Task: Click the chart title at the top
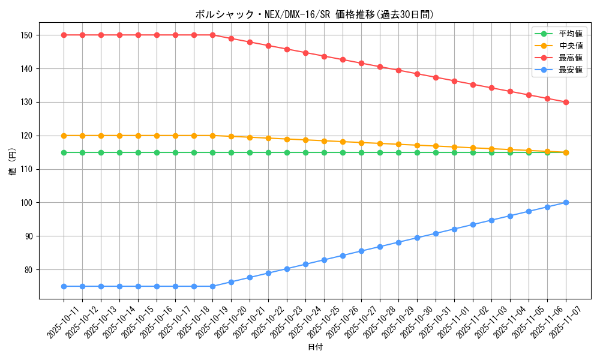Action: pos(314,14)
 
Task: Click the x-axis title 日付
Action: pos(314,347)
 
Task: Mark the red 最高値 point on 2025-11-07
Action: pos(566,102)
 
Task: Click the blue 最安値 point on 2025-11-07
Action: pos(566,203)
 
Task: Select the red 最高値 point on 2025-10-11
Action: pos(64,35)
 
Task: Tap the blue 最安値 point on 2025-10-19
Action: pos(212,286)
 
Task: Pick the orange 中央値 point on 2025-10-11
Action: pos(64,136)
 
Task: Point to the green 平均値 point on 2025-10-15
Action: pos(138,152)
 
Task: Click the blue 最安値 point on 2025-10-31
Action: pos(436,233)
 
